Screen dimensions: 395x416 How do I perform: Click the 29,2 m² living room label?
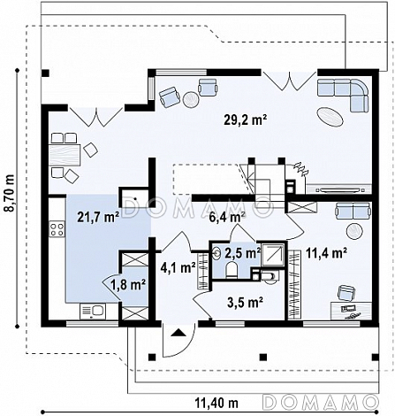point(246,120)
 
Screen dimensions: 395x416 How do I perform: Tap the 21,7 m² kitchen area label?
point(98,217)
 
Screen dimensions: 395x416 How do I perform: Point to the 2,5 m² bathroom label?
point(243,253)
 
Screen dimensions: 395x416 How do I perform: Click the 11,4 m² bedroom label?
point(326,253)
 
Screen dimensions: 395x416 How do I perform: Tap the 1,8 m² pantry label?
point(128,285)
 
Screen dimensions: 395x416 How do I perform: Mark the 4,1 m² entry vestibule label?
point(179,267)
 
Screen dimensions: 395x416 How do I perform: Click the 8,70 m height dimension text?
point(10,193)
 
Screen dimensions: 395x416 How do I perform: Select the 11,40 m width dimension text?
point(216,402)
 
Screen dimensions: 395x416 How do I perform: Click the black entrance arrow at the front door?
point(178,333)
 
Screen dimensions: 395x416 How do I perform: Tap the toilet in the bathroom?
point(232,271)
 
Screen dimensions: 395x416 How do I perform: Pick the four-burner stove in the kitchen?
point(57,229)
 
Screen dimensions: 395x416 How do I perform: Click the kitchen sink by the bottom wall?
point(93,312)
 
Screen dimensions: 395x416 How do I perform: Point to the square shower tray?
point(273,254)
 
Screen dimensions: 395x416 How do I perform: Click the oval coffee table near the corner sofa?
point(330,117)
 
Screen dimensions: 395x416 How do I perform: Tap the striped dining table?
point(65,155)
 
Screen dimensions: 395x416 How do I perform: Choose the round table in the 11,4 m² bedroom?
point(354,231)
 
